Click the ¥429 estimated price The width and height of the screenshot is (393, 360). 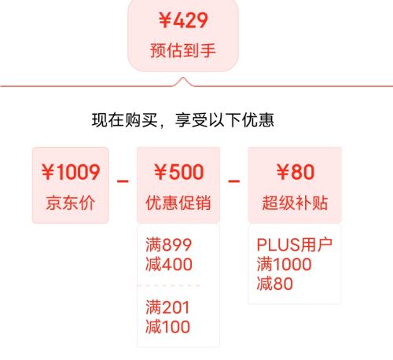183,20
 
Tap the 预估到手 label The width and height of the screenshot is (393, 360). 183,50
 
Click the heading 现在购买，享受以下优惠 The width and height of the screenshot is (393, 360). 183,120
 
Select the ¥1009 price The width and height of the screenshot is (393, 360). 71,172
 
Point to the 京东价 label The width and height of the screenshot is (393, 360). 71,203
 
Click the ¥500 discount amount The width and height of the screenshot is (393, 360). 178,172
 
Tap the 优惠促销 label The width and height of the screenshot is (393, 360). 178,203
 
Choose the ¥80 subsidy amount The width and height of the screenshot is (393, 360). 296,172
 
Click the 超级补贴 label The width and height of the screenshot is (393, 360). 295,203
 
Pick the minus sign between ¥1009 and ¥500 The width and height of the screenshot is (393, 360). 123,181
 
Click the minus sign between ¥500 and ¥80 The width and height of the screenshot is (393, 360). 234,181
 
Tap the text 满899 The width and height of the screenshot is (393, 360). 169,244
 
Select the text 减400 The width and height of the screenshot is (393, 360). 169,264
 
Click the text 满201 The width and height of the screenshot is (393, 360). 167,307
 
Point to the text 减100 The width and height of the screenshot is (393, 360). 168,326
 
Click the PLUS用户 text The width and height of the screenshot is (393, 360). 295,244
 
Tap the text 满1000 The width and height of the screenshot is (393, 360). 285,264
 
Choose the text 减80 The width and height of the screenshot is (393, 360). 275,284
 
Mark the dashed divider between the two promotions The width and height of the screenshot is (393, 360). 169,285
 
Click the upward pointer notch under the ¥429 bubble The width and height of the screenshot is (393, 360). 183,82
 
